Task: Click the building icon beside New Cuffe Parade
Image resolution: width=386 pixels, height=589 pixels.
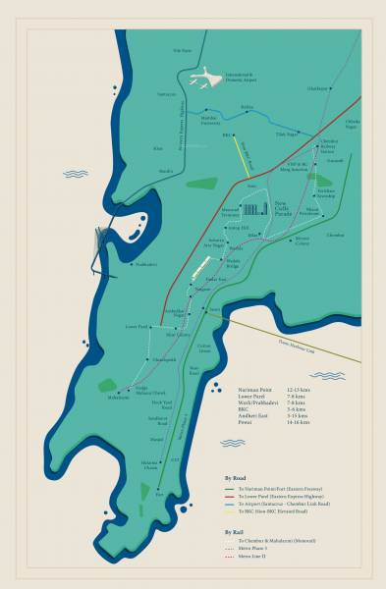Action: click(x=255, y=210)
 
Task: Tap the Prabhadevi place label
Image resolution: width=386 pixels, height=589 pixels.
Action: click(x=144, y=263)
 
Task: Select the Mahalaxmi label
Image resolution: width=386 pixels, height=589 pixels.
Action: click(x=118, y=398)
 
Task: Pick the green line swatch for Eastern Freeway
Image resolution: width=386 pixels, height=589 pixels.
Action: click(x=233, y=490)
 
